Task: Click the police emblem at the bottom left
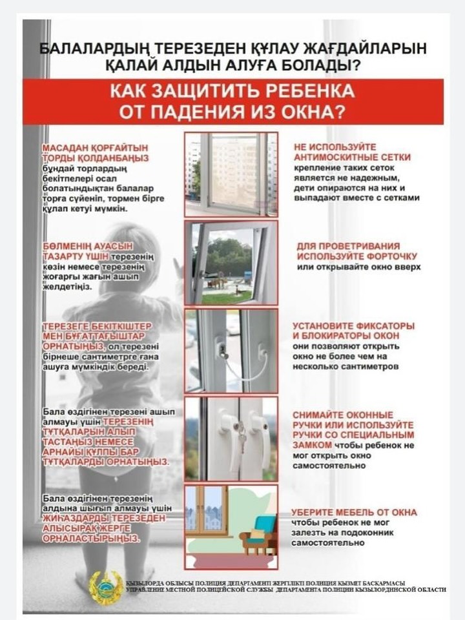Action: click(x=105, y=587)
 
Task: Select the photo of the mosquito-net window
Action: click(x=231, y=174)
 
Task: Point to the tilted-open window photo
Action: click(x=231, y=262)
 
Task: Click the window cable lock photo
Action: click(x=231, y=351)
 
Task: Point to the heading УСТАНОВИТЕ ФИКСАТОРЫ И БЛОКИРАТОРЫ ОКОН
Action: click(x=353, y=331)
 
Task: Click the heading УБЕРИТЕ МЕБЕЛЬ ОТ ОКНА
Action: click(x=354, y=512)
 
